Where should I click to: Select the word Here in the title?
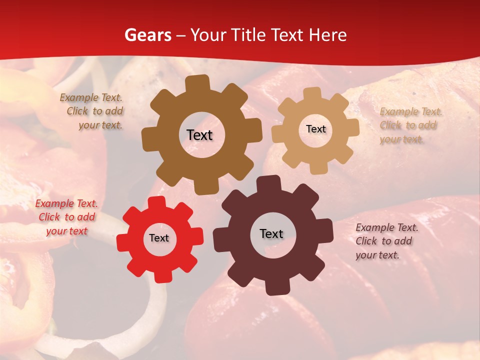[x=328, y=35]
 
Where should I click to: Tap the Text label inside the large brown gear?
[x=199, y=135]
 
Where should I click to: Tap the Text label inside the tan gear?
[x=315, y=129]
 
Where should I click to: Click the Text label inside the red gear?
[x=159, y=238]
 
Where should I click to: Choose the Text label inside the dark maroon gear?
[x=271, y=234]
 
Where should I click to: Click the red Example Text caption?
[x=66, y=217]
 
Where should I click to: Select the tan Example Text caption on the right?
[x=410, y=125]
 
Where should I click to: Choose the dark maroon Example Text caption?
[x=386, y=241]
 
